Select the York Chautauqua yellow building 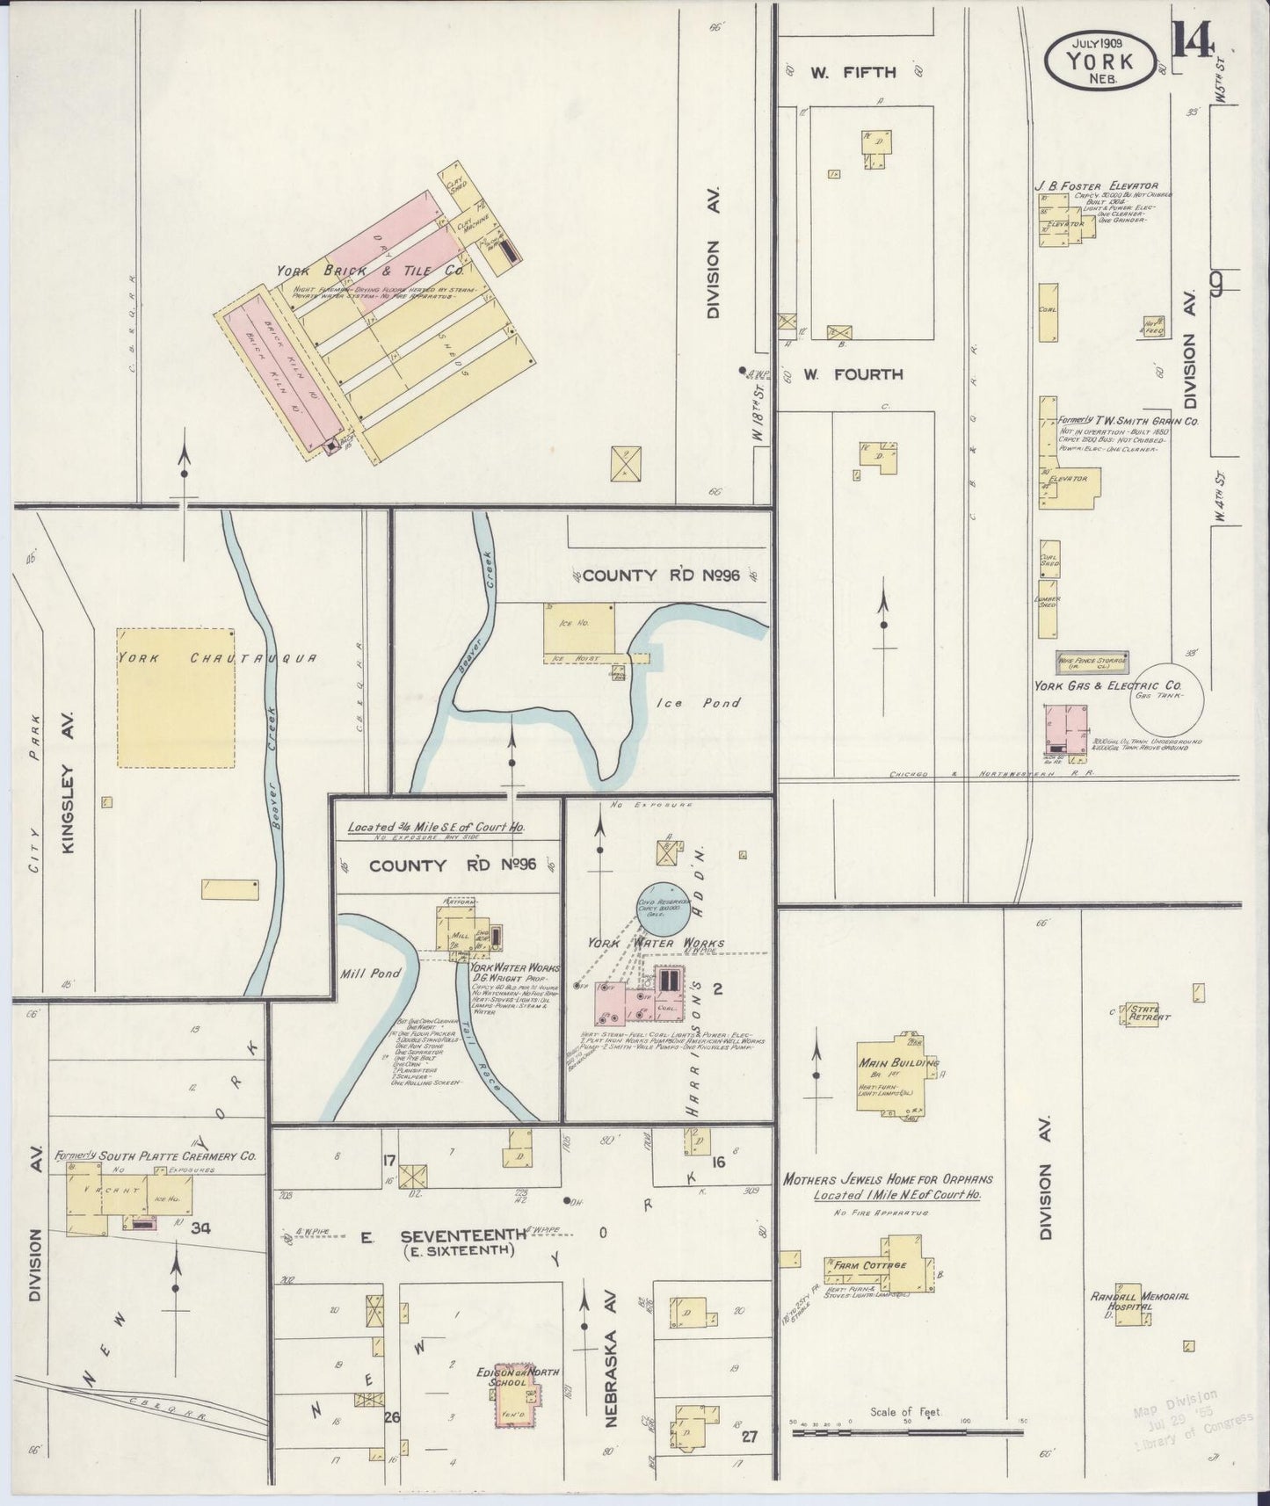click(x=176, y=697)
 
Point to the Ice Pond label click(x=698, y=703)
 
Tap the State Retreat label click(x=1150, y=1013)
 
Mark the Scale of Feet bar click(x=907, y=1433)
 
